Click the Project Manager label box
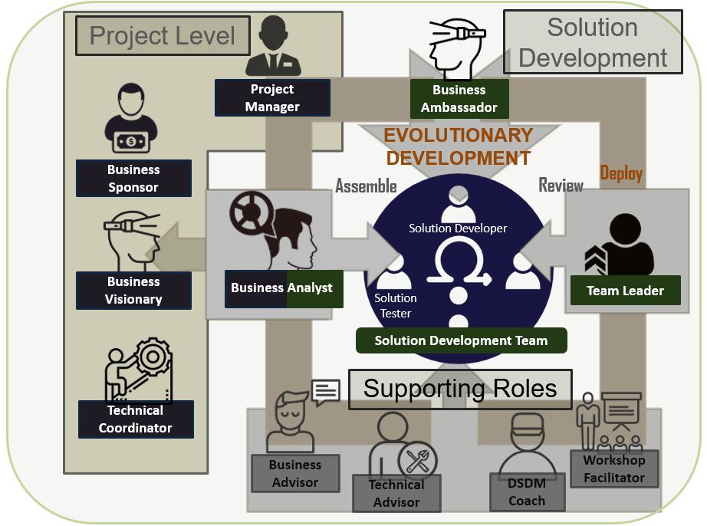pyautogui.click(x=272, y=98)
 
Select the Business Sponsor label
pyautogui.click(x=133, y=178)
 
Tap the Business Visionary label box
pyautogui.click(x=133, y=291)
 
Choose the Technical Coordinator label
pyautogui.click(x=136, y=419)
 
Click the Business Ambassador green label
pyautogui.click(x=459, y=99)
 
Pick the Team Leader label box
pyautogui.click(x=626, y=291)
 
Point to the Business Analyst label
pyautogui.click(x=284, y=289)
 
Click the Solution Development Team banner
pyautogui.click(x=462, y=340)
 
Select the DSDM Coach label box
pyautogui.click(x=527, y=491)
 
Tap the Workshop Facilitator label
pyautogui.click(x=614, y=468)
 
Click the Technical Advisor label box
pyautogui.click(x=396, y=493)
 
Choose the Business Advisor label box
pyautogui.click(x=295, y=473)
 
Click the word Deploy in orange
pyautogui.click(x=621, y=173)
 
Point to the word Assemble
pyautogui.click(x=366, y=186)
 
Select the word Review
pyautogui.click(x=561, y=185)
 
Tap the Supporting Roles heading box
pyautogui.click(x=460, y=390)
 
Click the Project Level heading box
pyautogui.click(x=163, y=35)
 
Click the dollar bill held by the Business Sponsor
pyautogui.click(x=131, y=142)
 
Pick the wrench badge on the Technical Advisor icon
pyautogui.click(x=417, y=461)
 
